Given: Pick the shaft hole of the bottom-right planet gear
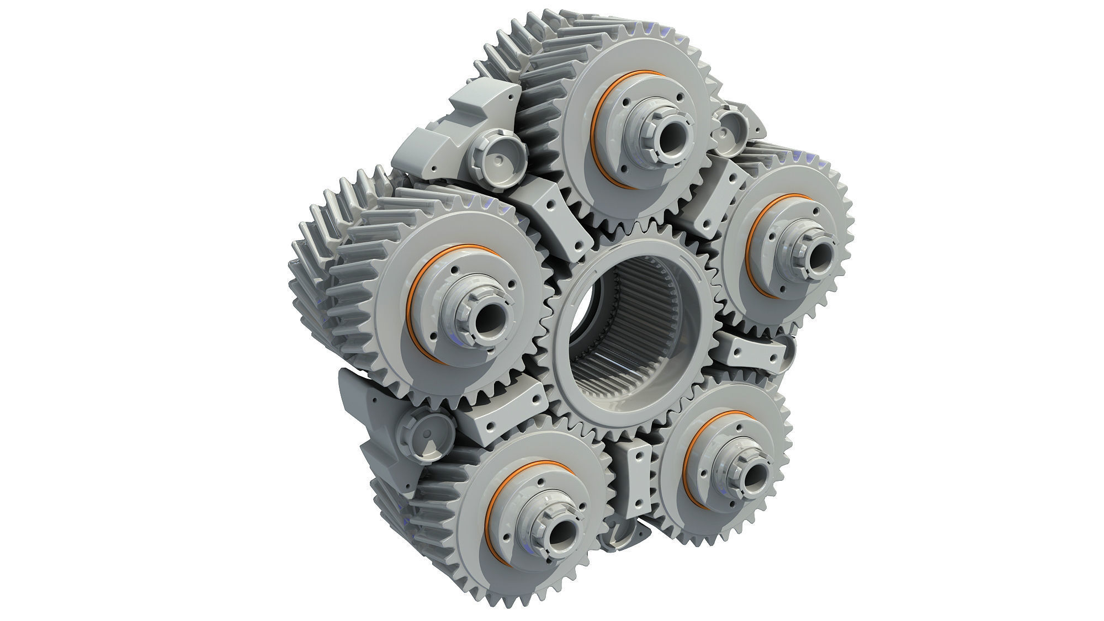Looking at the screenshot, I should [x=754, y=474].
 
